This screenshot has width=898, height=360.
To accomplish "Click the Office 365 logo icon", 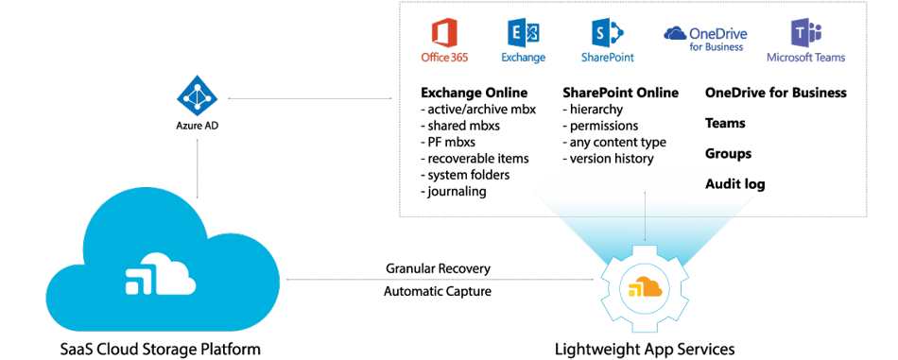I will click(443, 33).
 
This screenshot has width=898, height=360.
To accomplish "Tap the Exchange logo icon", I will click(524, 34).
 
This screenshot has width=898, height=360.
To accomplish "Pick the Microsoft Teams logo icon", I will click(805, 34).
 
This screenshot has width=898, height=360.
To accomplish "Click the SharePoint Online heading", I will click(620, 93).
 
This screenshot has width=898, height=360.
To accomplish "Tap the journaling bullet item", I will click(457, 191).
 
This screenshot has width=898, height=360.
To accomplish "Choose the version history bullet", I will click(612, 159).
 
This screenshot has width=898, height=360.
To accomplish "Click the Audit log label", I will click(734, 184).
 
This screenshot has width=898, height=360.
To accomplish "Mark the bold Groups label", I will click(728, 153).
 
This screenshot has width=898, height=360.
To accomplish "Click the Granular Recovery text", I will click(438, 269).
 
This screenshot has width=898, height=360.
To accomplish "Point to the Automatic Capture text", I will click(438, 291).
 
